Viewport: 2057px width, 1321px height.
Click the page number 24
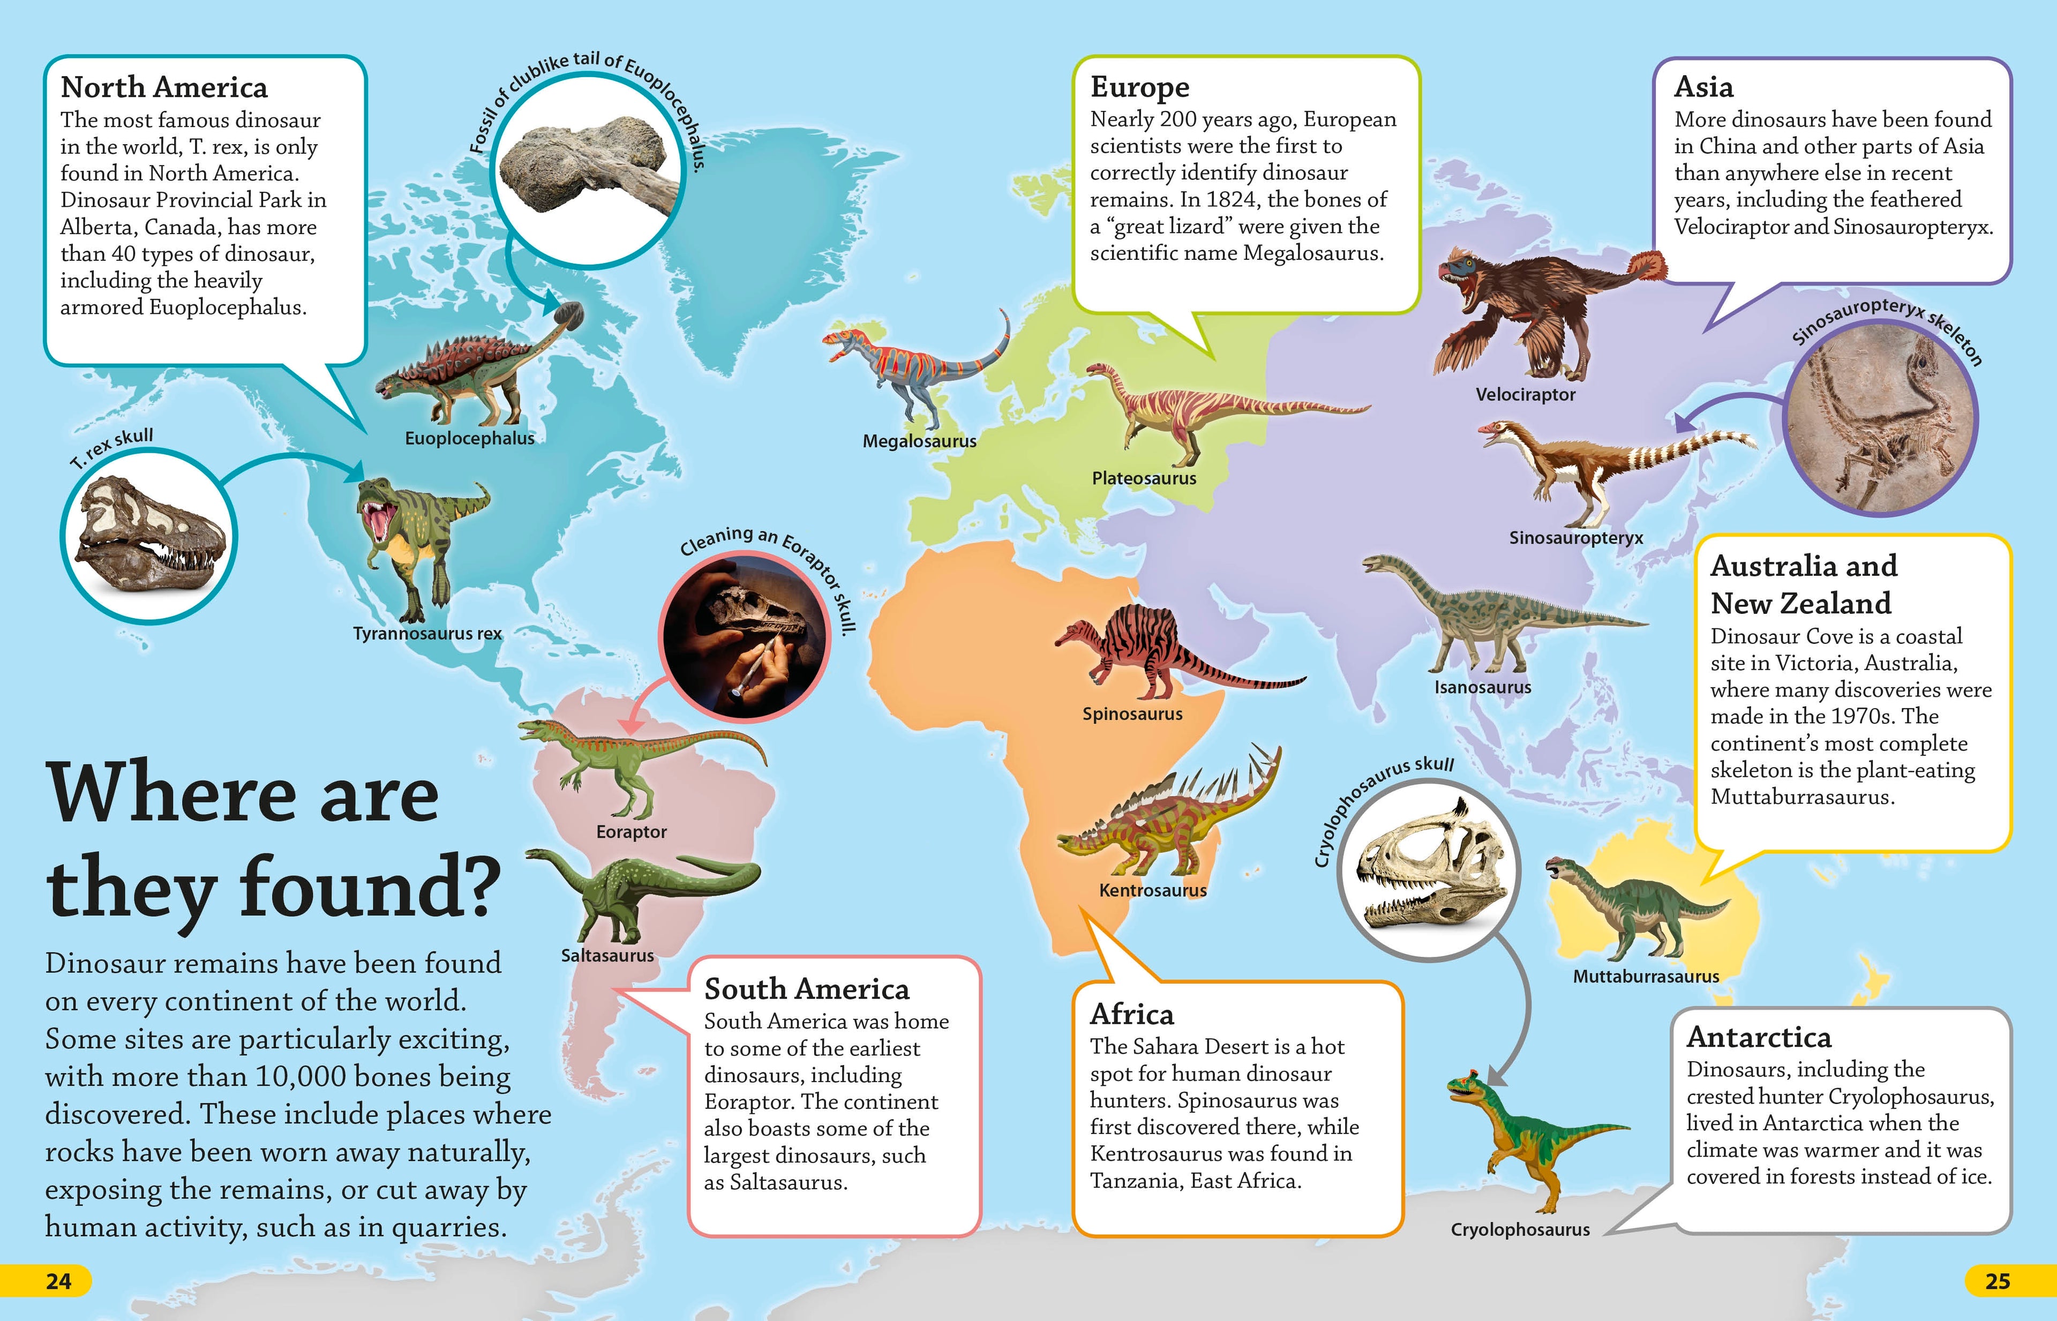click(58, 1281)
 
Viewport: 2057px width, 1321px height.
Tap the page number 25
click(1997, 1281)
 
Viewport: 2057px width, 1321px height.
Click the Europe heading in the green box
click(1139, 87)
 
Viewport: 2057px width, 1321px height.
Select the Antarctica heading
click(1759, 1037)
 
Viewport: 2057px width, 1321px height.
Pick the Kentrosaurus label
click(1152, 890)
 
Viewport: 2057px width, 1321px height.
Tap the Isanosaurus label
click(1482, 687)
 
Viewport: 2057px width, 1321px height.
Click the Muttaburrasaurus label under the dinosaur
click(1645, 976)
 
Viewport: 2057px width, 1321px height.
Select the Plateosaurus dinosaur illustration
click(1201, 412)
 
